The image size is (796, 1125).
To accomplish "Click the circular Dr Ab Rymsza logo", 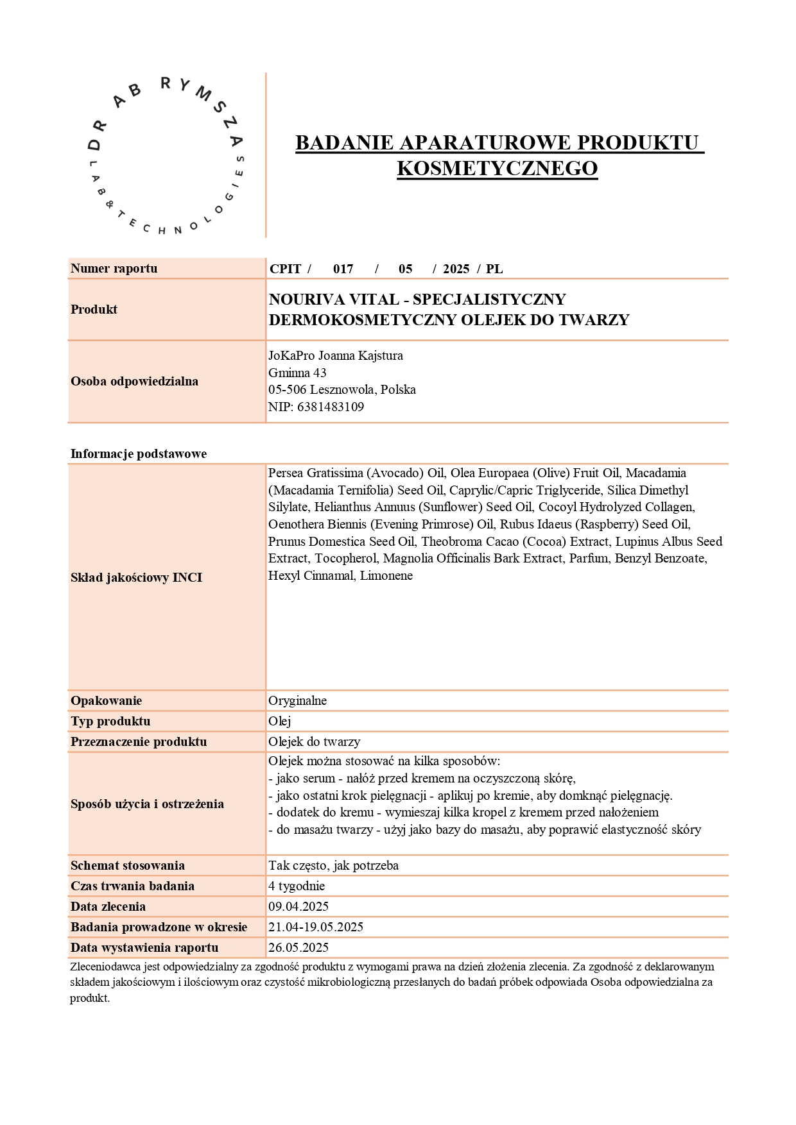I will [x=166, y=155].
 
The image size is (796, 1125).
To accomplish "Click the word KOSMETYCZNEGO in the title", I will [x=497, y=168].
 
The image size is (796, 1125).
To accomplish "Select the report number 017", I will [x=343, y=269].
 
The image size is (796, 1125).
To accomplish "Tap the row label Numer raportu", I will [x=114, y=269].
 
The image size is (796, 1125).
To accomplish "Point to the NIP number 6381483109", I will [x=330, y=407].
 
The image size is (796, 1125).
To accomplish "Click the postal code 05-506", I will [x=287, y=389].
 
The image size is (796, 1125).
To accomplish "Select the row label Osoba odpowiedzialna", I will [x=134, y=381].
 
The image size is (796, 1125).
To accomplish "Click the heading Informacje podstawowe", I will [x=138, y=453].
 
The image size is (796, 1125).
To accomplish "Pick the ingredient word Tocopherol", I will [x=345, y=558].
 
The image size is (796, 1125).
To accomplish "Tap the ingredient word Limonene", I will [x=386, y=575].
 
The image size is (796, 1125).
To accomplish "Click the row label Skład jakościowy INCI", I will [x=136, y=577].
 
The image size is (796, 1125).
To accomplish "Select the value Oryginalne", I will [x=297, y=700].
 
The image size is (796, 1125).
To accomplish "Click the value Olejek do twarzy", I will [x=314, y=741].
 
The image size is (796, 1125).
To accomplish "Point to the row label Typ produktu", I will [x=110, y=721].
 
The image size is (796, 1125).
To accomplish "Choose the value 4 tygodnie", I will [x=297, y=886].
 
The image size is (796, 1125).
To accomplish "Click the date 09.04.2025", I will [x=298, y=906].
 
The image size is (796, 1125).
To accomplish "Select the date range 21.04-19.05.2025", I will [x=316, y=927].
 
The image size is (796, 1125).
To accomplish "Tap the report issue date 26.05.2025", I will [x=298, y=947].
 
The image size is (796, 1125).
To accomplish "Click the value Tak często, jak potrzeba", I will [x=333, y=865].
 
